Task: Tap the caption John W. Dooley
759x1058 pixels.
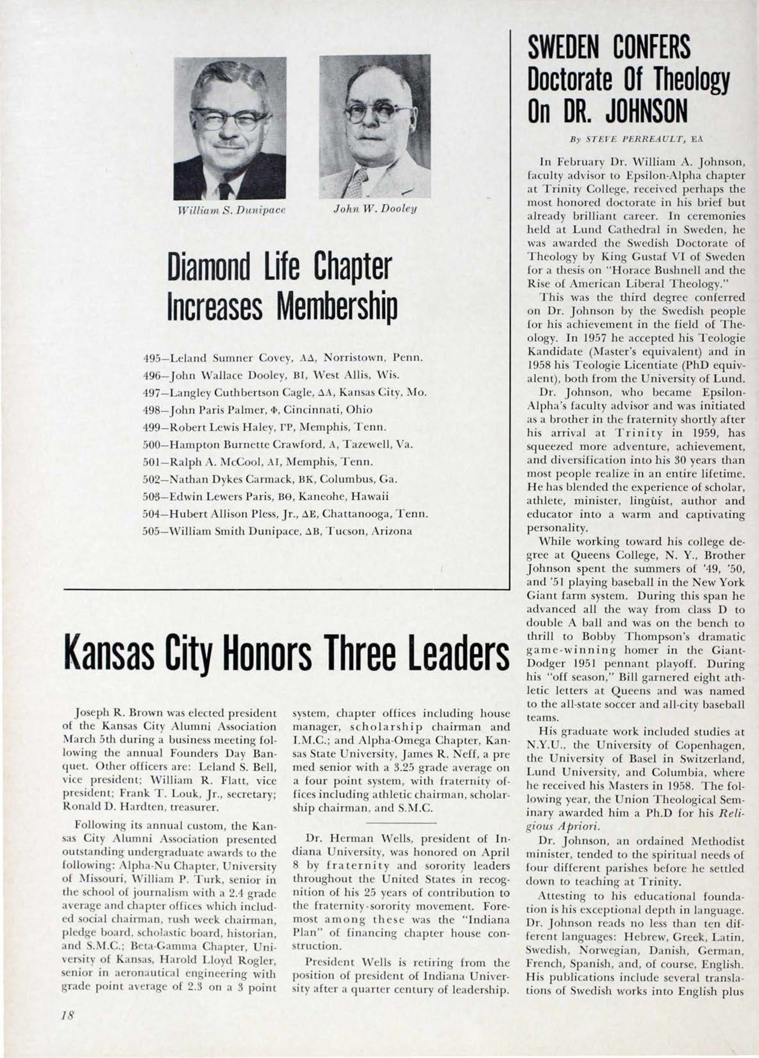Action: pyautogui.click(x=375, y=209)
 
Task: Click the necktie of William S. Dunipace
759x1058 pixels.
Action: pyautogui.click(x=226, y=190)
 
